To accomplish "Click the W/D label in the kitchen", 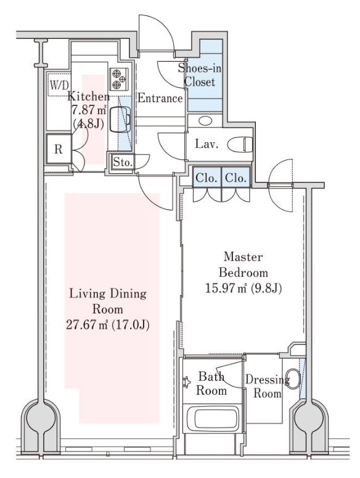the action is pyautogui.click(x=60, y=85).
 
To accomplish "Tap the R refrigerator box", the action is pyautogui.click(x=59, y=149).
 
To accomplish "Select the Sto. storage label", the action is pyautogui.click(x=123, y=162).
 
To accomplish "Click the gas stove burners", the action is pyautogui.click(x=119, y=79).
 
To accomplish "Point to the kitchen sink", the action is pyautogui.click(x=120, y=119).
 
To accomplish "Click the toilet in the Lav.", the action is pyautogui.click(x=240, y=144).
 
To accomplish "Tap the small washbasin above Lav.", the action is pyautogui.click(x=205, y=121).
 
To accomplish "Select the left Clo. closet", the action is pyautogui.click(x=207, y=177).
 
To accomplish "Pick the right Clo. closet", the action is pyautogui.click(x=236, y=177).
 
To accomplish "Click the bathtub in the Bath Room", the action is pyautogui.click(x=213, y=418).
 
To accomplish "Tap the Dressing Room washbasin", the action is pyautogui.click(x=293, y=379).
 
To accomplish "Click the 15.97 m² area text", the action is pyautogui.click(x=226, y=288).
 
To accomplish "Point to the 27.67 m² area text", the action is pyautogui.click(x=88, y=325).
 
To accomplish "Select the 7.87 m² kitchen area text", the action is pyautogui.click(x=89, y=110).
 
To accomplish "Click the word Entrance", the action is pyautogui.click(x=160, y=98).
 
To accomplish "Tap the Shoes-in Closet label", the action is pyautogui.click(x=200, y=75).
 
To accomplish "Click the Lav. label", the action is pyautogui.click(x=207, y=144).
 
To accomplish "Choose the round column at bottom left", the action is pyautogui.click(x=41, y=417).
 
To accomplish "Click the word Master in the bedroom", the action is pyautogui.click(x=243, y=257).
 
